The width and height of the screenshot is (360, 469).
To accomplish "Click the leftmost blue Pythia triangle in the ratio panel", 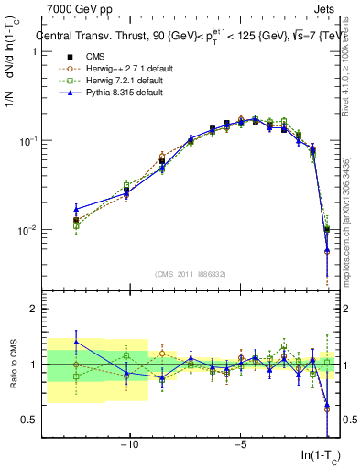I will point(76,342).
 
